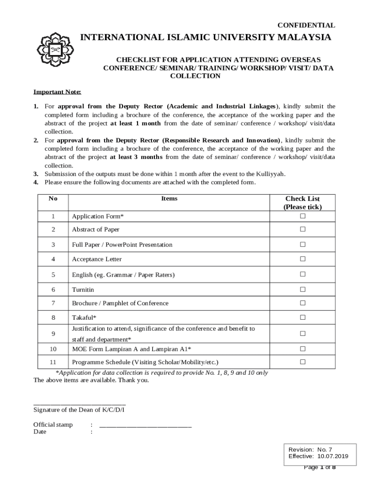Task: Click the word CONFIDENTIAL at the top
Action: pyautogui.click(x=307, y=25)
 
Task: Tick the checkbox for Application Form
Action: pyautogui.click(x=302, y=216)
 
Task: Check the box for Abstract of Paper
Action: pyautogui.click(x=302, y=229)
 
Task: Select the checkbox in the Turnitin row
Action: pyautogui.click(x=302, y=290)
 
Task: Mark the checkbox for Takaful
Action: pyautogui.click(x=302, y=317)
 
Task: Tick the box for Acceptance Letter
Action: pyautogui.click(x=302, y=259)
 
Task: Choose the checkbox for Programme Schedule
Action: pyautogui.click(x=302, y=362)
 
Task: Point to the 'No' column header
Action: pyautogui.click(x=53, y=199)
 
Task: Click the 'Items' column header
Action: pyautogui.click(x=169, y=199)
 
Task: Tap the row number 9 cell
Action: pyautogui.click(x=53, y=334)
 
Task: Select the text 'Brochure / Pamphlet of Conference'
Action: pyautogui.click(x=120, y=303)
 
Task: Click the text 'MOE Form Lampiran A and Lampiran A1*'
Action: pyautogui.click(x=132, y=349)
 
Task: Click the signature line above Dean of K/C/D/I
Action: pyautogui.click(x=80, y=404)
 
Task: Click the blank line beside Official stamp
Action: pyautogui.click(x=145, y=425)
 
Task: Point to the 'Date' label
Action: pyautogui.click(x=40, y=432)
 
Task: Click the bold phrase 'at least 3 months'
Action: pyautogui.click(x=136, y=157)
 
